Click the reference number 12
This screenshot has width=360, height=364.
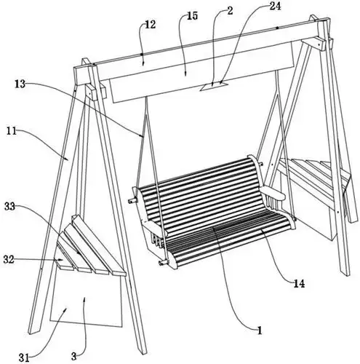[x=151, y=25]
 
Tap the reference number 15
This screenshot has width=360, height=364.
[x=193, y=16]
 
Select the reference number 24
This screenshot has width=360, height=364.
[x=275, y=6]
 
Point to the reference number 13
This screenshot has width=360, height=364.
[x=20, y=84]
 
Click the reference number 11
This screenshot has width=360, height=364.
[x=12, y=131]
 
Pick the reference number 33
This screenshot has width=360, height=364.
[x=9, y=207]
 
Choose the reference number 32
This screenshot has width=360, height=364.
[x=9, y=260]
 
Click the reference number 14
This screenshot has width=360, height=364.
[x=299, y=283]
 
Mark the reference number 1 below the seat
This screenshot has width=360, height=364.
[x=260, y=331]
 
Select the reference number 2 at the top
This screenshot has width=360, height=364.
[x=230, y=11]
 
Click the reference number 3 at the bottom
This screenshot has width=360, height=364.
[x=74, y=357]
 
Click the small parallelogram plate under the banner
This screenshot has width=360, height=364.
[x=214, y=87]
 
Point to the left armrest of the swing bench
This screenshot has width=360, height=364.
[x=155, y=228]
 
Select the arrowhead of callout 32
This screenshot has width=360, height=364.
[x=61, y=260]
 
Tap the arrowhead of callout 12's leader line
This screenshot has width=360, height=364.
[x=143, y=63]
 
